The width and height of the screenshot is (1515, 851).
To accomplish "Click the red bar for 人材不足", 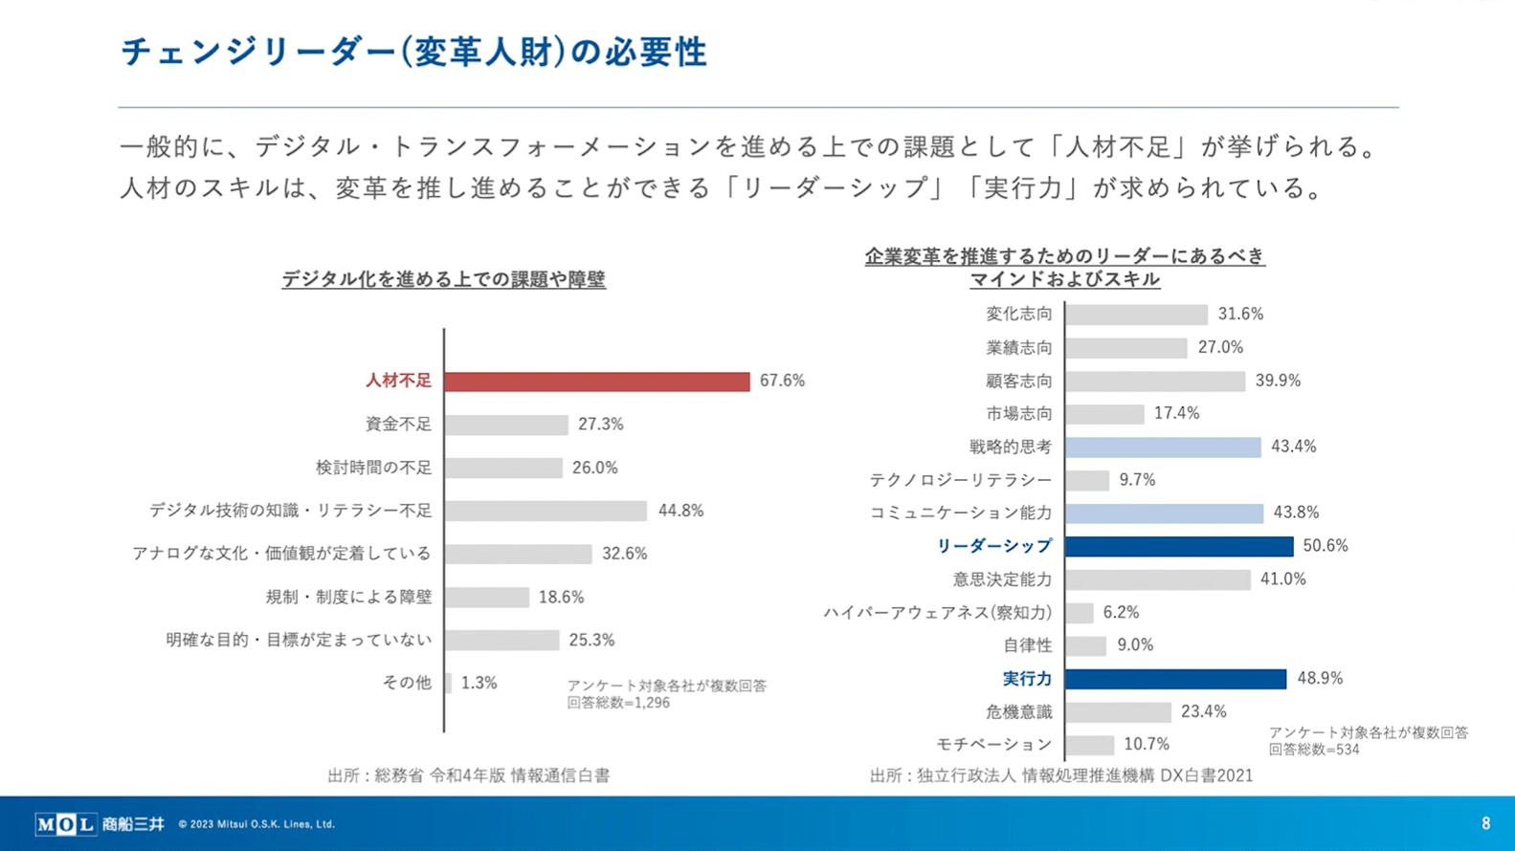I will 596,382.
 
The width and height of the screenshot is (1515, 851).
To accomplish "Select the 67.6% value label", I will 782,381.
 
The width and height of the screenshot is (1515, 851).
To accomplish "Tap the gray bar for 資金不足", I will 505,425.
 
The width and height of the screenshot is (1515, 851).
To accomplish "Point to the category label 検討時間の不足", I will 373,468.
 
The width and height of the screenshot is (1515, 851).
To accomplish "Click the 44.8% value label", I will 680,511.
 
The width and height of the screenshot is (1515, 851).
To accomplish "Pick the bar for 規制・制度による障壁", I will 486,598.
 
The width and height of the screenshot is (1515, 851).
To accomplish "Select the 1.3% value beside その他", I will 479,683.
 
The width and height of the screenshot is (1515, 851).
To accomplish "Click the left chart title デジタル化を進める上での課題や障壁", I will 443,279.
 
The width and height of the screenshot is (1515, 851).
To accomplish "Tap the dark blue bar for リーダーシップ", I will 1178,546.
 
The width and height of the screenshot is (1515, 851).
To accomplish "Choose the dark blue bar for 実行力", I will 1175,679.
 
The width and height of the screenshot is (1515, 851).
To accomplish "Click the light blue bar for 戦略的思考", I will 1163,447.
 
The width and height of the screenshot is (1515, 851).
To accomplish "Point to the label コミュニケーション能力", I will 960,513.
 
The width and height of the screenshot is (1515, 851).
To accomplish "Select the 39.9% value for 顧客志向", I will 1278,381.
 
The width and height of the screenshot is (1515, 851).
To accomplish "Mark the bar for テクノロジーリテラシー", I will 1087,480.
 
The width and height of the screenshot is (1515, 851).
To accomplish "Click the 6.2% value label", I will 1121,612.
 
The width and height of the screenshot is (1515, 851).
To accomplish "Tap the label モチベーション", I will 993,744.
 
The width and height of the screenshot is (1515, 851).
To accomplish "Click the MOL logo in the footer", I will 65,823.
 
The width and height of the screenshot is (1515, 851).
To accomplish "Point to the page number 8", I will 1485,823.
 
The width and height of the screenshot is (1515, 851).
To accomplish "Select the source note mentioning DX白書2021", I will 1060,775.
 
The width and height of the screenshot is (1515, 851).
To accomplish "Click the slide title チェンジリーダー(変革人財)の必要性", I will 413,52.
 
